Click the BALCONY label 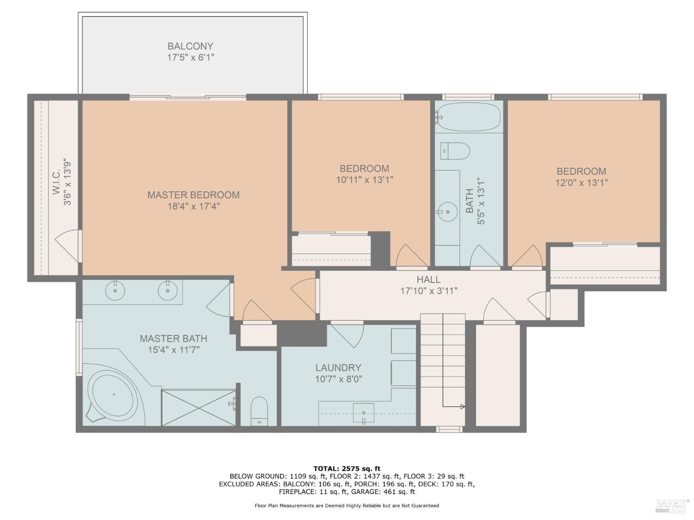tap(190, 46)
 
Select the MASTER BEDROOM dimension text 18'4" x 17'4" tap(193, 206)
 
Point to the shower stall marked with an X tap(198, 407)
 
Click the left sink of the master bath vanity tap(115, 291)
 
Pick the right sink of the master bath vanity tap(167, 291)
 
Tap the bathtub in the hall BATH tap(468, 116)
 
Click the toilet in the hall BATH tap(456, 151)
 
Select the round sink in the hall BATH tap(447, 212)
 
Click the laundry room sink tap(364, 412)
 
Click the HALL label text tap(428, 280)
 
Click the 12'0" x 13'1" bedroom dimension tap(581, 183)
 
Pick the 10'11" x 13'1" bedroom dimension tap(365, 180)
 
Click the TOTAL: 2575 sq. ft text tap(347, 469)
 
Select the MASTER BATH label tap(173, 339)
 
